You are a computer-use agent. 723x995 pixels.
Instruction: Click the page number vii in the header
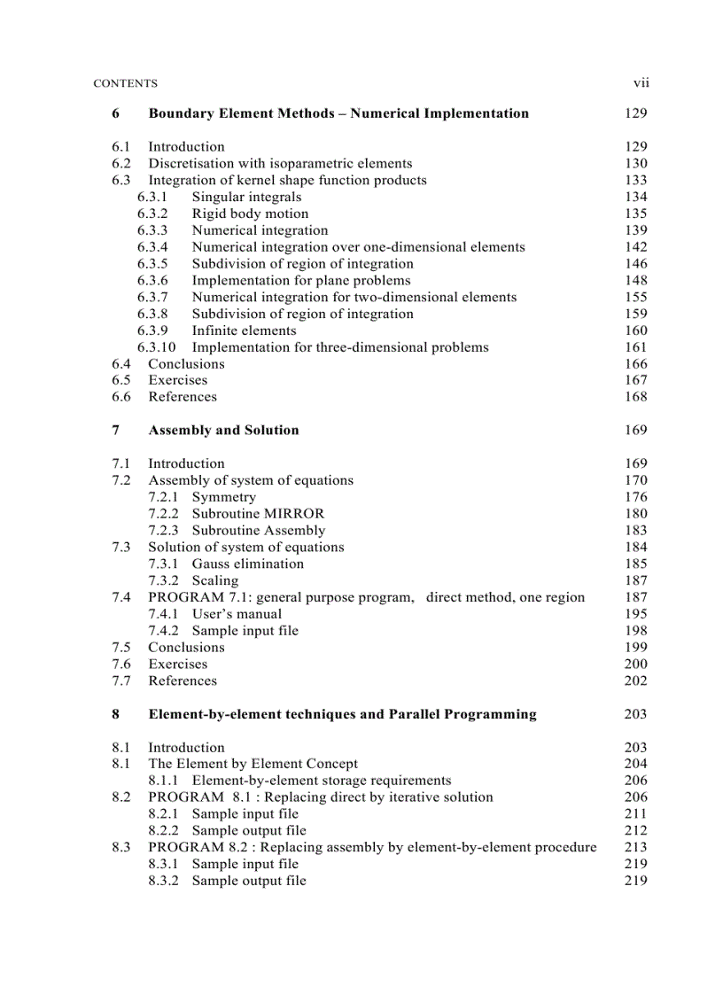click(x=641, y=83)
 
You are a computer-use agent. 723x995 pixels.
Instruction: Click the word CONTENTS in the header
click(x=125, y=84)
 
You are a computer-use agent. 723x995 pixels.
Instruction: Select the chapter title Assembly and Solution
click(x=223, y=431)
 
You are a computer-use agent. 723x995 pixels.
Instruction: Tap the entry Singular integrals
click(x=246, y=197)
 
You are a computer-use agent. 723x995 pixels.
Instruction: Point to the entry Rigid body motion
click(x=250, y=214)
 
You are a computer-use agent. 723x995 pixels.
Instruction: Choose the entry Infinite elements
click(x=244, y=330)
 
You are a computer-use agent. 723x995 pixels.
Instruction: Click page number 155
click(x=635, y=298)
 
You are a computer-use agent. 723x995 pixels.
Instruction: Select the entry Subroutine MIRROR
click(x=258, y=514)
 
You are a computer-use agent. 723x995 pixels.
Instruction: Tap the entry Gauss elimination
click(x=247, y=564)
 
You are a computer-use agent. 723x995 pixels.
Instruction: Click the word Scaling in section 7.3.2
click(x=215, y=580)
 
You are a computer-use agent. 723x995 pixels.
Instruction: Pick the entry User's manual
click(x=237, y=614)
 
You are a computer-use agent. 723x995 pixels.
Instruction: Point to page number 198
click(x=635, y=631)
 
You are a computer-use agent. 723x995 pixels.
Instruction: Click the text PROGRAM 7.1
click(x=192, y=597)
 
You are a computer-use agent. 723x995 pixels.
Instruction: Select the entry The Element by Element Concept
click(x=253, y=764)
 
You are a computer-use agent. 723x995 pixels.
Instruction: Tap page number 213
click(x=635, y=847)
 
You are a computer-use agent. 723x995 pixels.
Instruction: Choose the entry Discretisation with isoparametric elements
click(x=279, y=163)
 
